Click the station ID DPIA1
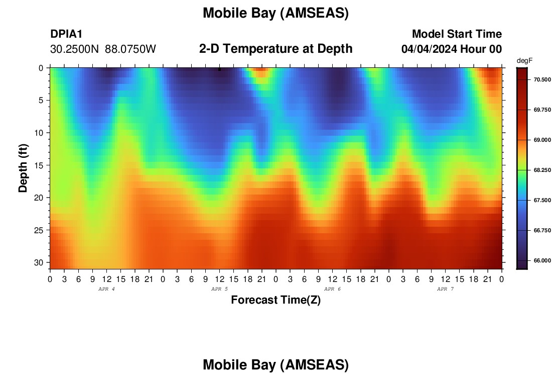[x=66, y=34]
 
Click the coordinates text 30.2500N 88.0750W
[x=103, y=49]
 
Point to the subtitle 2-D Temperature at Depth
[x=275, y=49]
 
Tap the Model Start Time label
[x=457, y=34]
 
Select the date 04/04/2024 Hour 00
[x=451, y=49]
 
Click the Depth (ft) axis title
[x=23, y=168]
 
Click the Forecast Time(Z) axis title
[x=275, y=300]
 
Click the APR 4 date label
[x=106, y=289]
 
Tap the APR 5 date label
[x=219, y=289]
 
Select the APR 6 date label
[x=332, y=289]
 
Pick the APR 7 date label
[x=445, y=289]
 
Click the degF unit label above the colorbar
[x=524, y=61]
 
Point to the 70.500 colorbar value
[x=542, y=80]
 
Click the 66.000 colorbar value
[x=542, y=260]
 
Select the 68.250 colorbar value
[x=542, y=170]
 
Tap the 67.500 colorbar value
[x=542, y=201]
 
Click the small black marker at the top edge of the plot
[x=219, y=69]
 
